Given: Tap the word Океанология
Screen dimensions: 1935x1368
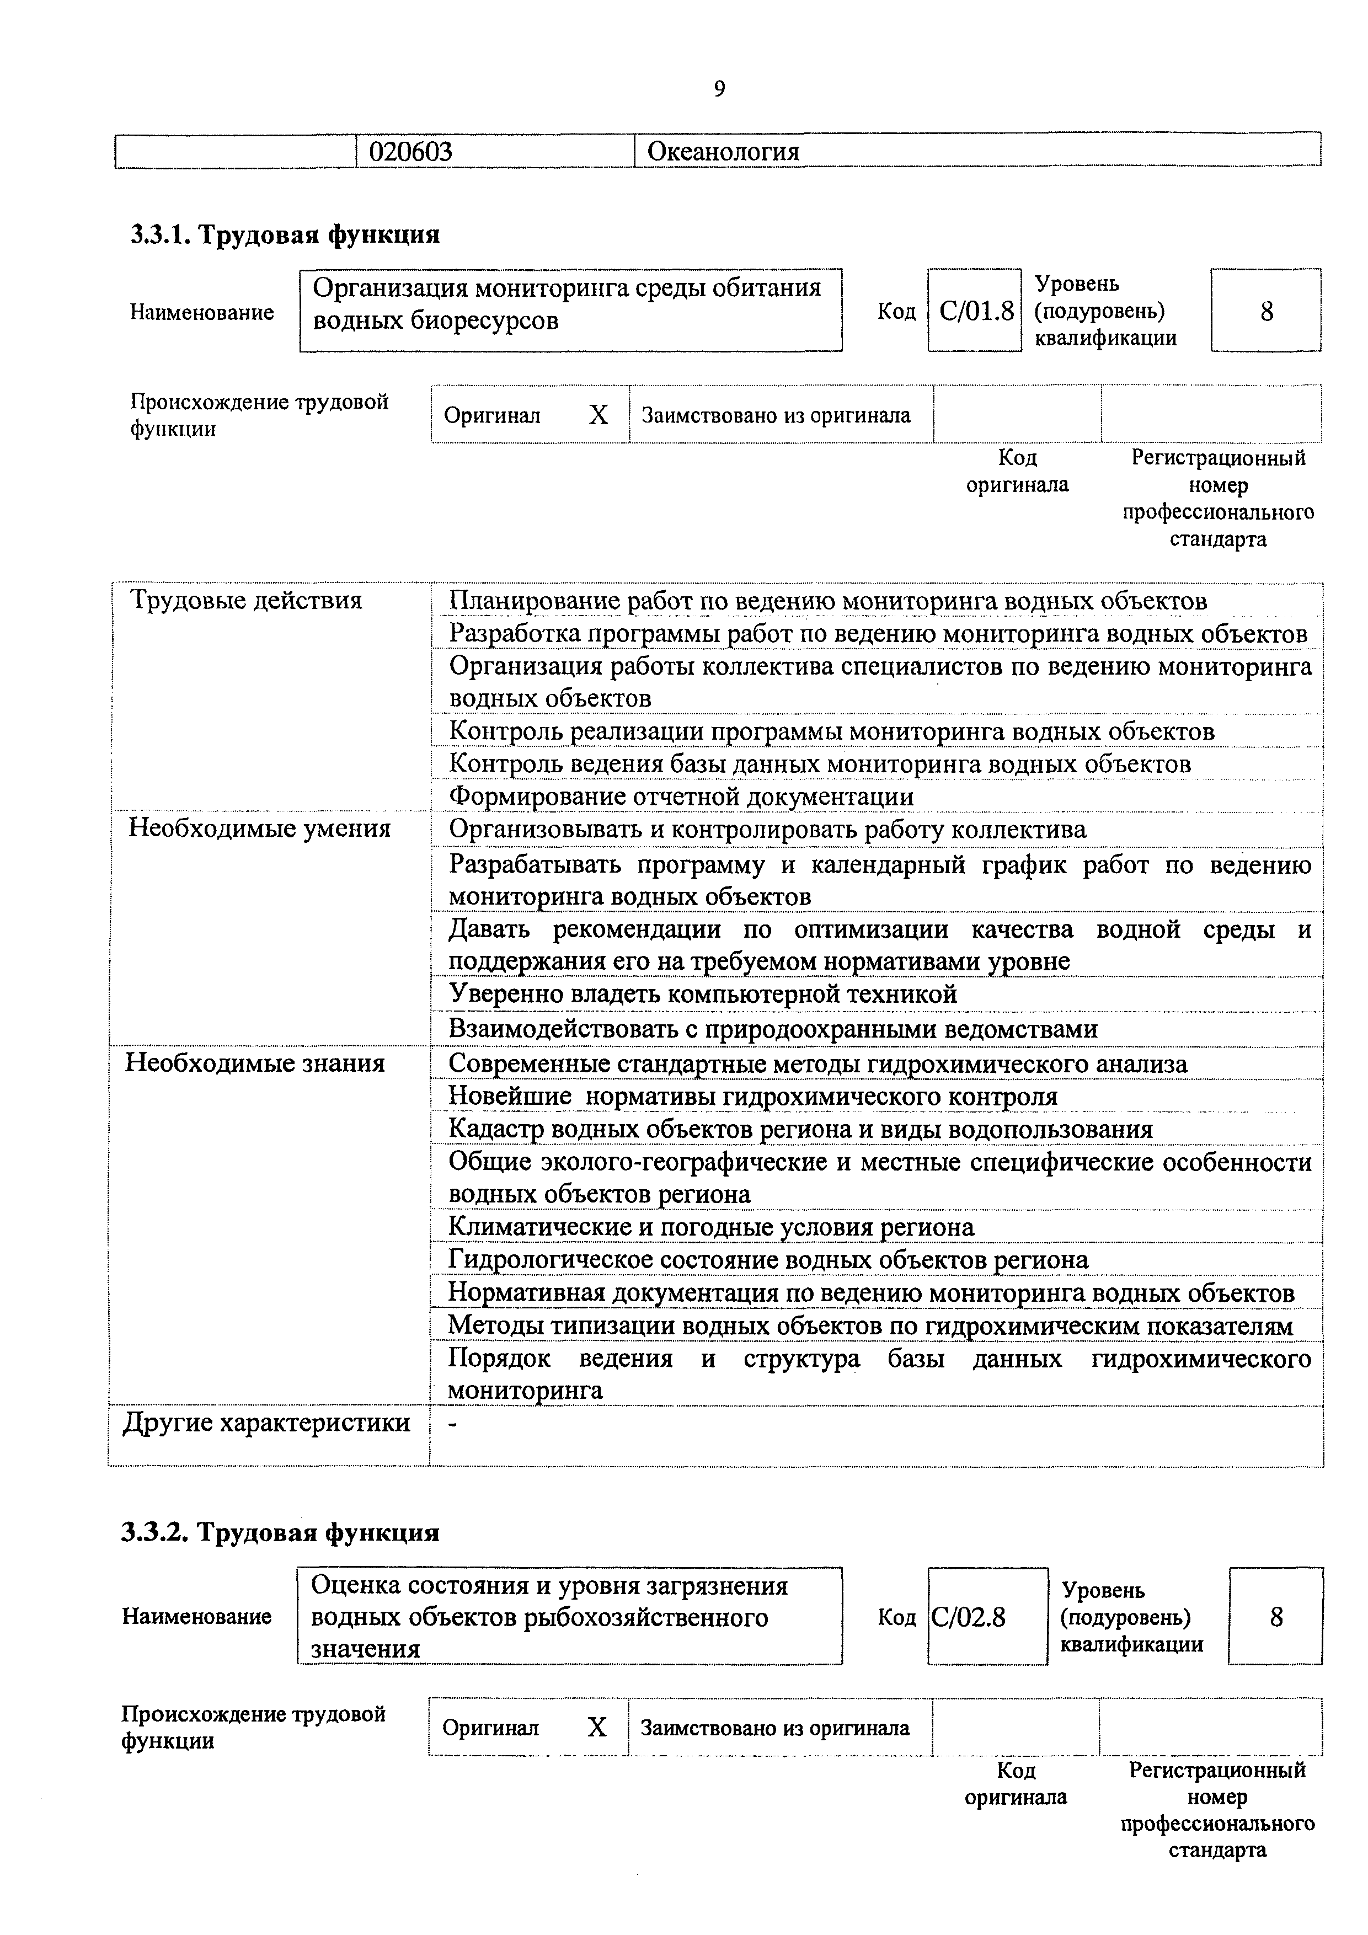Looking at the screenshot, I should [x=723, y=152].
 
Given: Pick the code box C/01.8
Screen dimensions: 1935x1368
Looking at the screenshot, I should [x=975, y=312].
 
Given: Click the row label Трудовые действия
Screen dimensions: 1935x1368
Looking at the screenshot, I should [x=245, y=600].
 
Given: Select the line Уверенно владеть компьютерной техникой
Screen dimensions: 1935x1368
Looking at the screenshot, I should [x=702, y=995].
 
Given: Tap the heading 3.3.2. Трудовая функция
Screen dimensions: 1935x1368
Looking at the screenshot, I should [x=281, y=1531].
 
